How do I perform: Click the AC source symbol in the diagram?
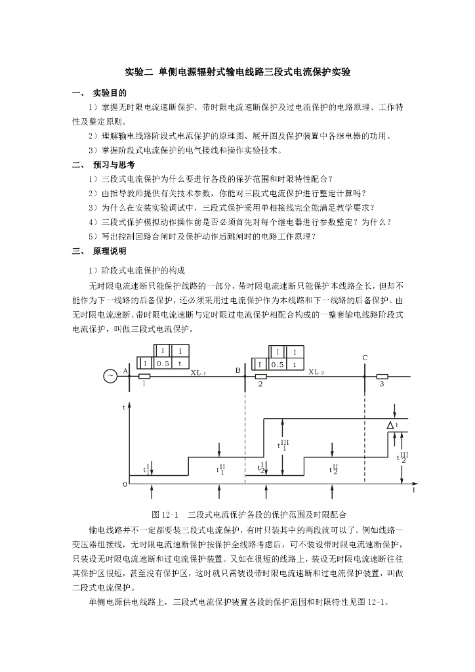click(x=110, y=376)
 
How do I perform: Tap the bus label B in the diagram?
click(x=238, y=371)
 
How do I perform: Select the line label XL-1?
click(x=198, y=373)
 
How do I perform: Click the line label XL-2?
click(x=316, y=372)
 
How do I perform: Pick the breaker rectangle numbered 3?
click(x=382, y=377)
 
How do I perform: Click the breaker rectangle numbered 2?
click(x=260, y=377)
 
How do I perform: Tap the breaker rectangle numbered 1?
click(x=144, y=377)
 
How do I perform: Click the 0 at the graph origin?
click(x=125, y=485)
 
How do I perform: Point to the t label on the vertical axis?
click(x=124, y=408)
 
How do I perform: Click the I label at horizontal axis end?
click(x=413, y=490)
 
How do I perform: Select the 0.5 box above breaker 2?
click(x=278, y=364)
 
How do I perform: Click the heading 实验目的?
click(x=110, y=93)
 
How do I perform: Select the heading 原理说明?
click(x=110, y=251)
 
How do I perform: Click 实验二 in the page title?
click(x=139, y=72)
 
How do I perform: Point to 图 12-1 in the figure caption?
click(x=165, y=514)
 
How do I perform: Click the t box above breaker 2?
click(x=295, y=364)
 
